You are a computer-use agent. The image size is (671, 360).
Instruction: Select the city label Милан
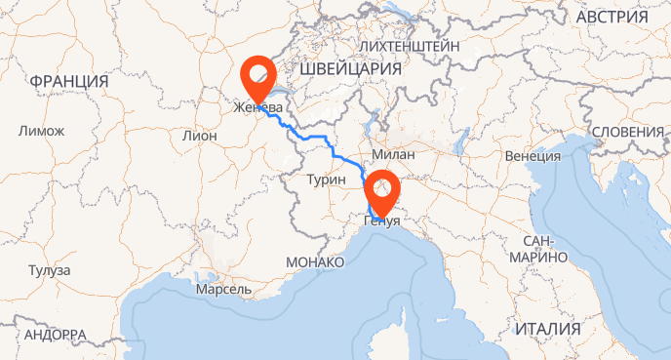coord(394,155)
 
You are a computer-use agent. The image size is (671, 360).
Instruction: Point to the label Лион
coord(200,136)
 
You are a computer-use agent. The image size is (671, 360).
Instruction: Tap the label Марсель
coord(223,291)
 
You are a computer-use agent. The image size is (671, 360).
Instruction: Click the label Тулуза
coord(49,270)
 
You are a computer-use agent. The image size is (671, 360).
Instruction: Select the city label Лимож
coord(41,131)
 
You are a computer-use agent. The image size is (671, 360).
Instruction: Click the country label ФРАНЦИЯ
coord(68,80)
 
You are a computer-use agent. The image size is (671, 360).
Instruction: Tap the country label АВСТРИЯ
coord(612,19)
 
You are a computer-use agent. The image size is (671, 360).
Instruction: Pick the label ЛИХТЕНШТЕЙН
coord(409,46)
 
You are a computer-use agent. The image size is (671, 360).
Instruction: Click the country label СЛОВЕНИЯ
coord(628,132)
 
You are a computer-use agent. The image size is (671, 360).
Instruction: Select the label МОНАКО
coord(315,262)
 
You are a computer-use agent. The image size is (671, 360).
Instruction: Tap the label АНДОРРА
coord(56,335)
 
